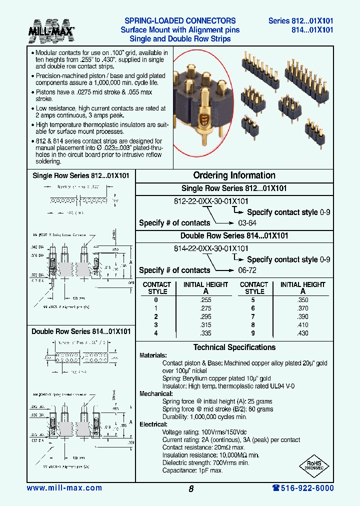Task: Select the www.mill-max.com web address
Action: [x=64, y=488]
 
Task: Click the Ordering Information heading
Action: [x=234, y=175]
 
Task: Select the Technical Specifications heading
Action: [x=234, y=347]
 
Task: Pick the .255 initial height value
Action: [x=205, y=300]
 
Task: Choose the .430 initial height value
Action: [x=302, y=333]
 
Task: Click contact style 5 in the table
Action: [x=254, y=300]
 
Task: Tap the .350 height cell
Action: [x=302, y=300]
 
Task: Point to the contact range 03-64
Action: [x=247, y=223]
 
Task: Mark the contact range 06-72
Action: [x=247, y=270]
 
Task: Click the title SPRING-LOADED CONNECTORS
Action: [x=179, y=21]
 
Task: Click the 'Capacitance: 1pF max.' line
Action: [x=192, y=470]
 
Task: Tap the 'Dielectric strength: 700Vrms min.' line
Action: [x=205, y=463]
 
